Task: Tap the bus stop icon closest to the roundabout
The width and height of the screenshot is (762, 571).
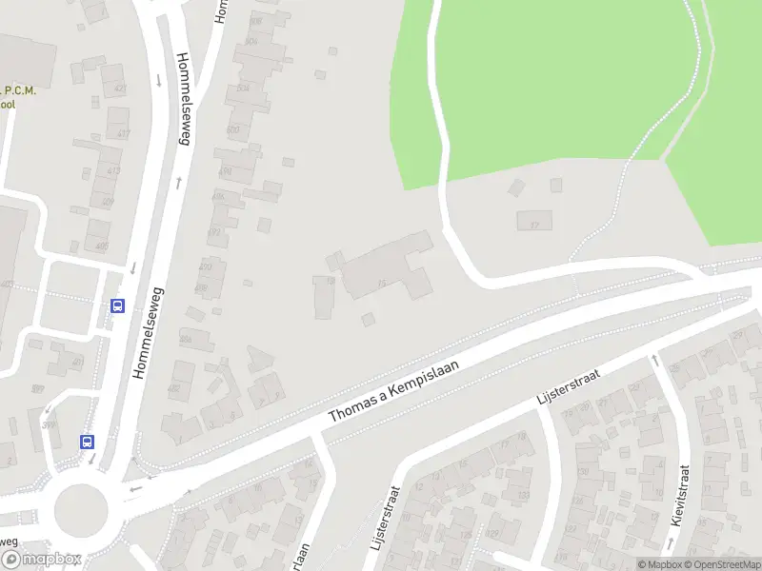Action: pyautogui.click(x=87, y=442)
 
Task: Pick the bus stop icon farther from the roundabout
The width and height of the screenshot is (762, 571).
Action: pyautogui.click(x=118, y=305)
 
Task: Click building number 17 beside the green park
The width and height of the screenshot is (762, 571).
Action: pyautogui.click(x=534, y=222)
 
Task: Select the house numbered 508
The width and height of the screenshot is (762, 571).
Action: pyautogui.click(x=251, y=42)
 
